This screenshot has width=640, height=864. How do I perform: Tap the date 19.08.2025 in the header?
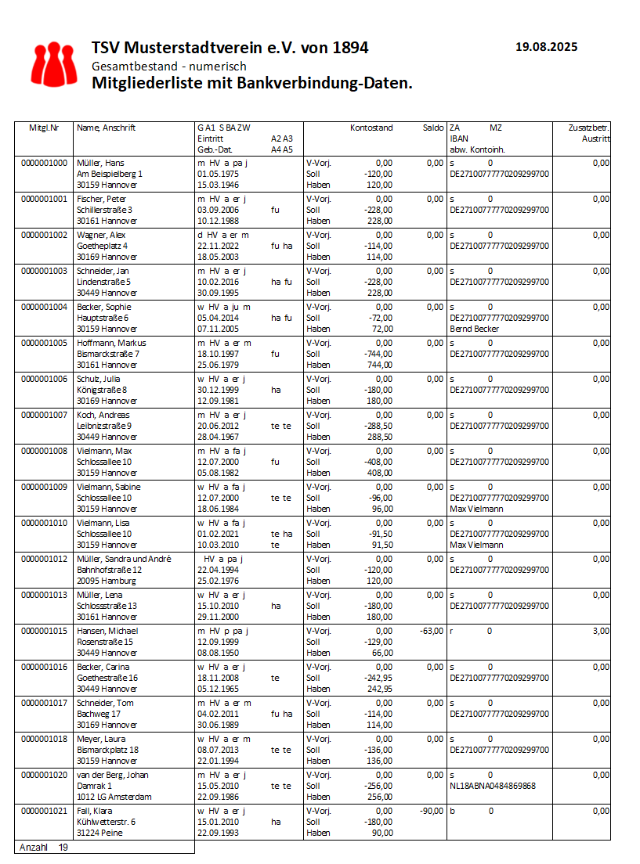coord(546,47)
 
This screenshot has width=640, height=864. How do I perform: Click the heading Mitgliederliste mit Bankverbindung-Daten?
coord(251,82)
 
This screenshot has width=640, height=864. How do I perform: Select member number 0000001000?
coord(45,163)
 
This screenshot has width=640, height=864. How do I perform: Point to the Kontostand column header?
coord(371,128)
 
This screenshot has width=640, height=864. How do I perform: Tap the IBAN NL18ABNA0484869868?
coord(493,786)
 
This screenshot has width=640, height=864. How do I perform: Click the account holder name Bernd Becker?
coord(475,329)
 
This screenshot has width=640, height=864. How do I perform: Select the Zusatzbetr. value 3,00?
coord(601,631)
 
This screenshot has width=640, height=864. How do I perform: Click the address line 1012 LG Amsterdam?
coord(114,797)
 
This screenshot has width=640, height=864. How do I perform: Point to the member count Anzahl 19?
coord(43,847)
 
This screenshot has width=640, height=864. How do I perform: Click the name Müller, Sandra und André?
coord(124,559)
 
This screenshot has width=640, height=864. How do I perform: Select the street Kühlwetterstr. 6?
coord(107,822)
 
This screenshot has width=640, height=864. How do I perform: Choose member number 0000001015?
coord(45,631)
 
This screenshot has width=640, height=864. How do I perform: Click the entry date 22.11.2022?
coord(217,246)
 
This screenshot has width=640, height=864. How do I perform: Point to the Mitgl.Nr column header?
coord(44,128)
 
